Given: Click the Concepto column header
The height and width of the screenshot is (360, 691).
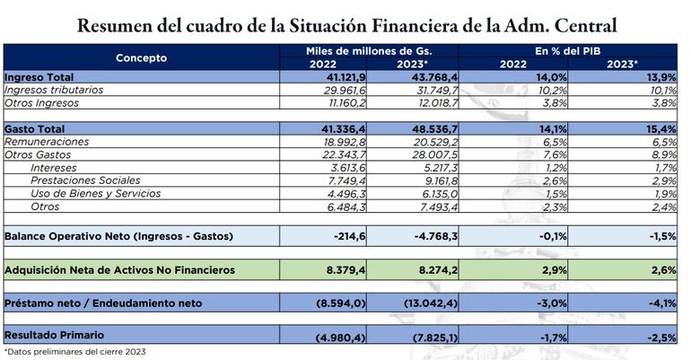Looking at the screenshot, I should point(141,57).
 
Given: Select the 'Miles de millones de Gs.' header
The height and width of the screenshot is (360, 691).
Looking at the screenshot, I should point(367,52).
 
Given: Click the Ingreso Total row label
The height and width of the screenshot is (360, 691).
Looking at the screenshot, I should point(39,78).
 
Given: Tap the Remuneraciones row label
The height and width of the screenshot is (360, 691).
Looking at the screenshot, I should point(47,143).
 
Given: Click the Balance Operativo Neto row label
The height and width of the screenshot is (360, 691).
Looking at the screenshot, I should point(118,236).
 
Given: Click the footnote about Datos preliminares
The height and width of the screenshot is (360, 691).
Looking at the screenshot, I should point(74,352).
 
